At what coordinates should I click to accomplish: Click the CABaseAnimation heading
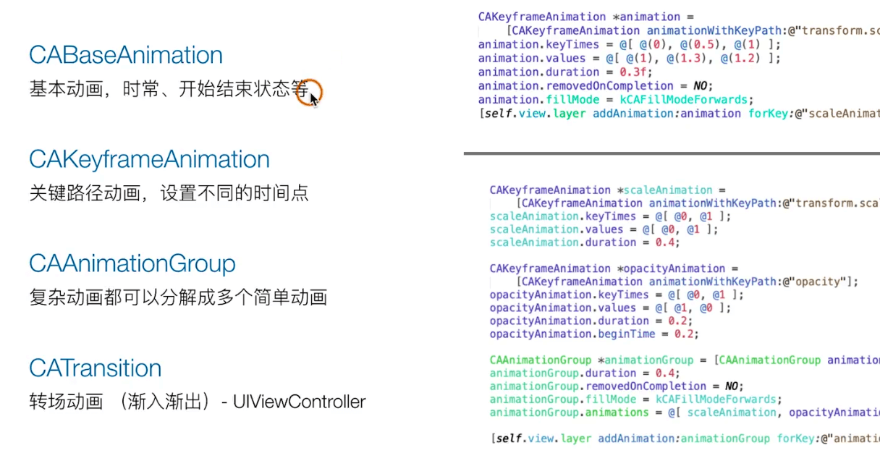(126, 56)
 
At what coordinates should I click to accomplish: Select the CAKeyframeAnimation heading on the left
(149, 159)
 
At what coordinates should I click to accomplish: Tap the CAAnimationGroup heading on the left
(132, 263)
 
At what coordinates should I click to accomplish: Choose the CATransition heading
(95, 368)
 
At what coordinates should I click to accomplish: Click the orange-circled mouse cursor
(309, 93)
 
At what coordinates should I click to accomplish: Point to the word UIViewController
(299, 402)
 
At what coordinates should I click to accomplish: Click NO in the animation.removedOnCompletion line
(702, 86)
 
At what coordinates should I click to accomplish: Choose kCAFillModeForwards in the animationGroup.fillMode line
(716, 399)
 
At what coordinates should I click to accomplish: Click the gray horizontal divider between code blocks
(672, 153)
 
